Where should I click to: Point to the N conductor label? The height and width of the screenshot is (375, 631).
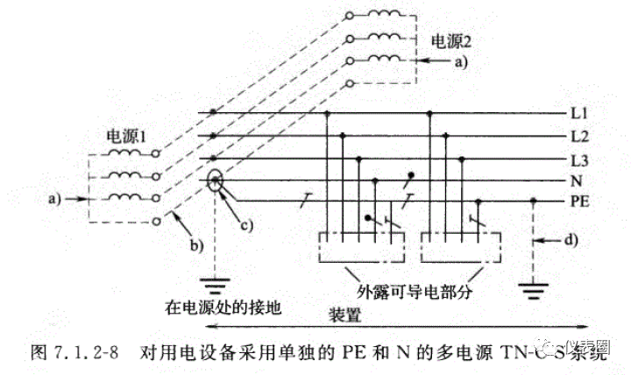[x=575, y=181]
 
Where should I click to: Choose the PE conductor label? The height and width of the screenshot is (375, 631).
[x=578, y=202]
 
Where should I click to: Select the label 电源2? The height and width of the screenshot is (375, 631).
[x=452, y=40]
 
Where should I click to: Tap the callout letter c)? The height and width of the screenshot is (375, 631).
[x=246, y=223]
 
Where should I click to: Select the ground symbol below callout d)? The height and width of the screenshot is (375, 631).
[x=534, y=287]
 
